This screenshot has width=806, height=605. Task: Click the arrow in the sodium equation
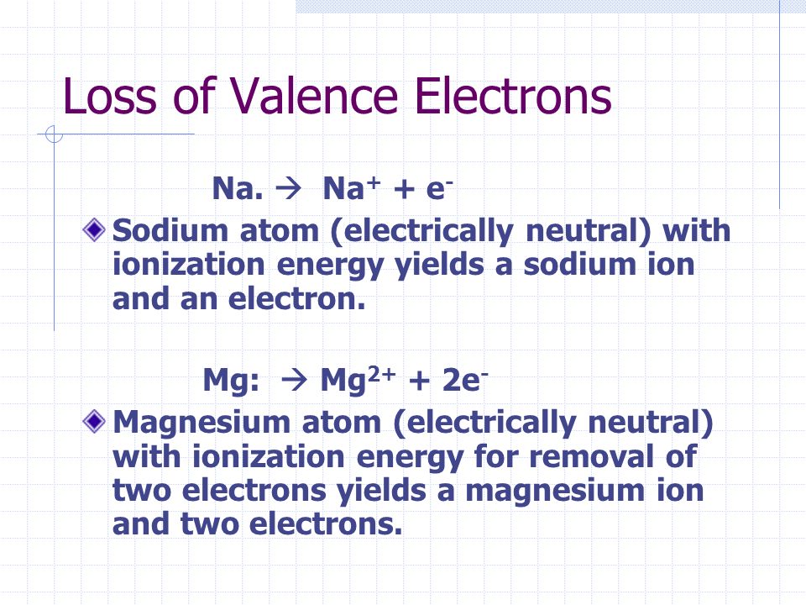click(293, 190)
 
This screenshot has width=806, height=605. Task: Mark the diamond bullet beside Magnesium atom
click(97, 420)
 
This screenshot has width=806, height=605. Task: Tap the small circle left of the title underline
click(54, 134)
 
